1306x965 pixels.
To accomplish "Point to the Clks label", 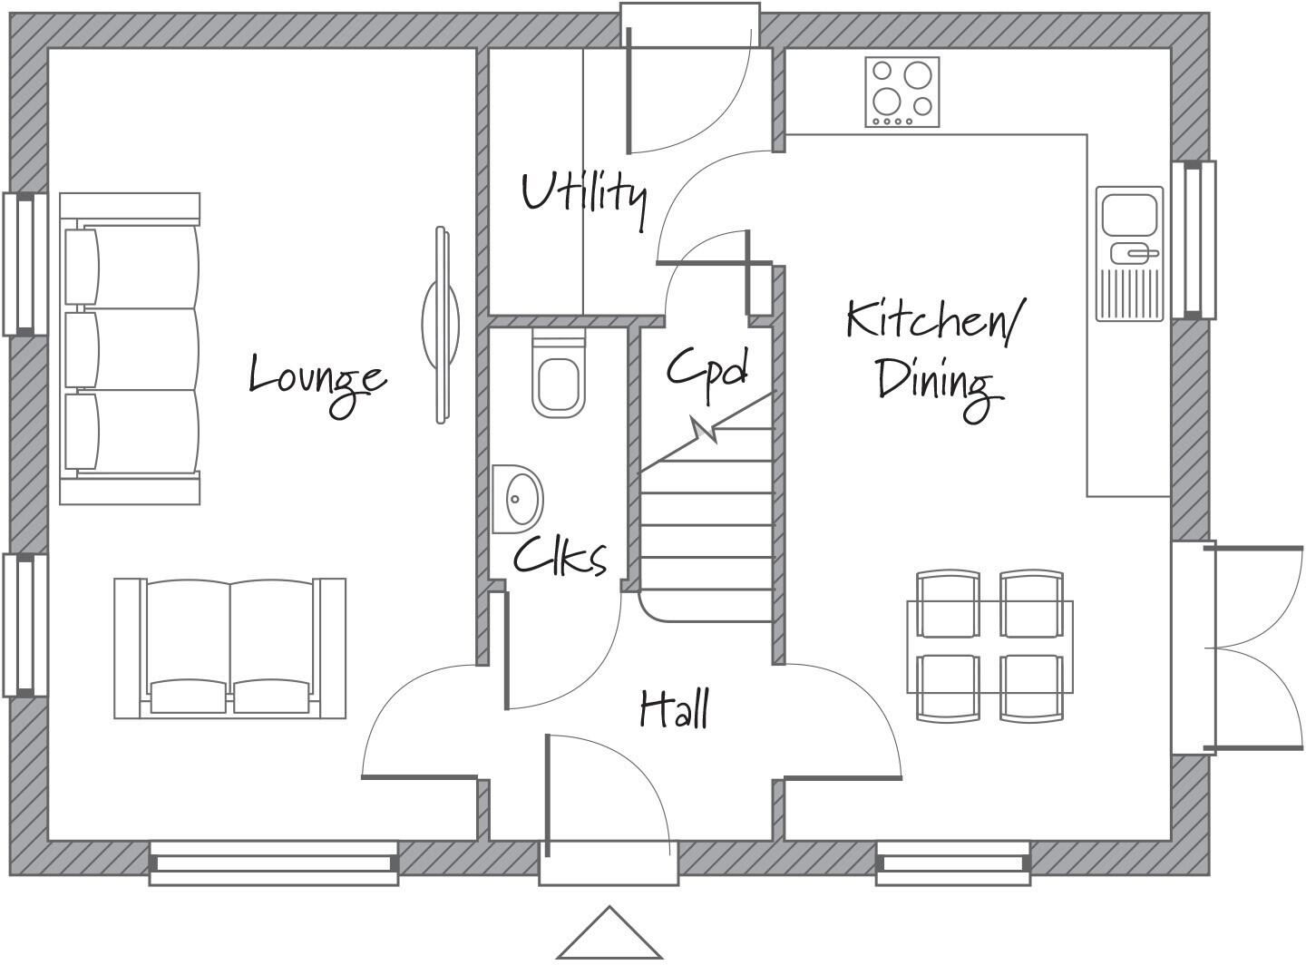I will tap(560, 555).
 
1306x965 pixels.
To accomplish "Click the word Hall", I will tap(674, 708).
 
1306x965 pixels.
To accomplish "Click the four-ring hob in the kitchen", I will tap(902, 92).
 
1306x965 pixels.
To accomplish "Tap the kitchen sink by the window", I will tap(1129, 253).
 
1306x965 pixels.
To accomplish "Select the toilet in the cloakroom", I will tap(558, 376).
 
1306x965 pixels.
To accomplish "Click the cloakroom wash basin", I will tap(517, 498).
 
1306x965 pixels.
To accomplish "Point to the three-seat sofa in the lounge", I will tap(130, 348).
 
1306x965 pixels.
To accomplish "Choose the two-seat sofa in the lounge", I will tap(229, 648).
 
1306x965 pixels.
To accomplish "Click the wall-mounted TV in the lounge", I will tap(440, 324).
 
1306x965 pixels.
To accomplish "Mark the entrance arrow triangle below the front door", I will tap(609, 933).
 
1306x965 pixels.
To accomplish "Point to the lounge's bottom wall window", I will tap(274, 862).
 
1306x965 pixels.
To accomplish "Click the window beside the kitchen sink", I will tap(1194, 239).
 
